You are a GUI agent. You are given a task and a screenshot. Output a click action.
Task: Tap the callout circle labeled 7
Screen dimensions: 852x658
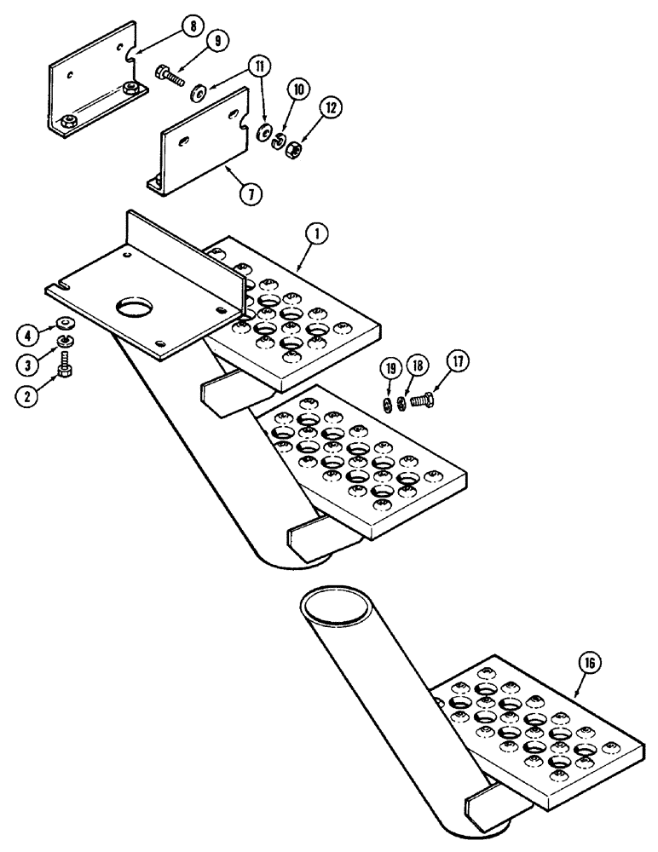(x=248, y=193)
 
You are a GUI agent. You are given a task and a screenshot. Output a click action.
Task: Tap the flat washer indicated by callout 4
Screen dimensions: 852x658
(x=65, y=324)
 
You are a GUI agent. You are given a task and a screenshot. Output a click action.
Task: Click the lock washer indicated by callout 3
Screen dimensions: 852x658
(x=65, y=343)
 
